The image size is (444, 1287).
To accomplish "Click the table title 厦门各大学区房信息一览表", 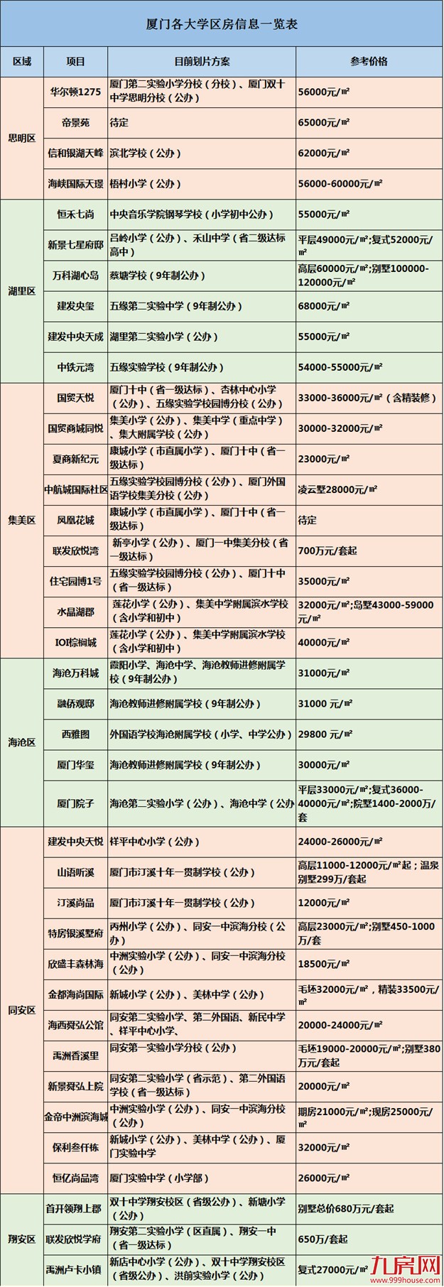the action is click(x=222, y=24).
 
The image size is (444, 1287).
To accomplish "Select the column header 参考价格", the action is click(x=369, y=62).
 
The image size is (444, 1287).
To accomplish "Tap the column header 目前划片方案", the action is click(x=202, y=62).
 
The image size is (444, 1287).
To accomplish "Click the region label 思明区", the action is click(x=22, y=138).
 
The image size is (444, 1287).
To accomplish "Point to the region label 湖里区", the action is click(x=22, y=290).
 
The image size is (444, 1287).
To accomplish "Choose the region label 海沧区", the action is click(x=22, y=742).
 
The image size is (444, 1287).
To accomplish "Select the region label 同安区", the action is click(x=22, y=1010).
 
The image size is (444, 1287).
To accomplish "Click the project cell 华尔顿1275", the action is click(x=75, y=92).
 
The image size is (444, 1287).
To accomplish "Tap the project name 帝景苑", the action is click(x=75, y=122).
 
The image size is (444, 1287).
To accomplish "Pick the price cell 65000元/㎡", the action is click(x=324, y=122).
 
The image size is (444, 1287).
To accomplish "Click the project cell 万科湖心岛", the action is click(x=75, y=276).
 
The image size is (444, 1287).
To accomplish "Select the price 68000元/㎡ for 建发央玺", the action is click(x=324, y=306).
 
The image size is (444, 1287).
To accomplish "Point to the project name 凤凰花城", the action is click(x=75, y=521).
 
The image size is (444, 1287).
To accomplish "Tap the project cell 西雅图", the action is click(x=75, y=734).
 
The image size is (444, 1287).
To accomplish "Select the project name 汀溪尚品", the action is click(x=75, y=903).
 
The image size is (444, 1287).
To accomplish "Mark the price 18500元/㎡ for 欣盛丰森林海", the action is click(x=324, y=964).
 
